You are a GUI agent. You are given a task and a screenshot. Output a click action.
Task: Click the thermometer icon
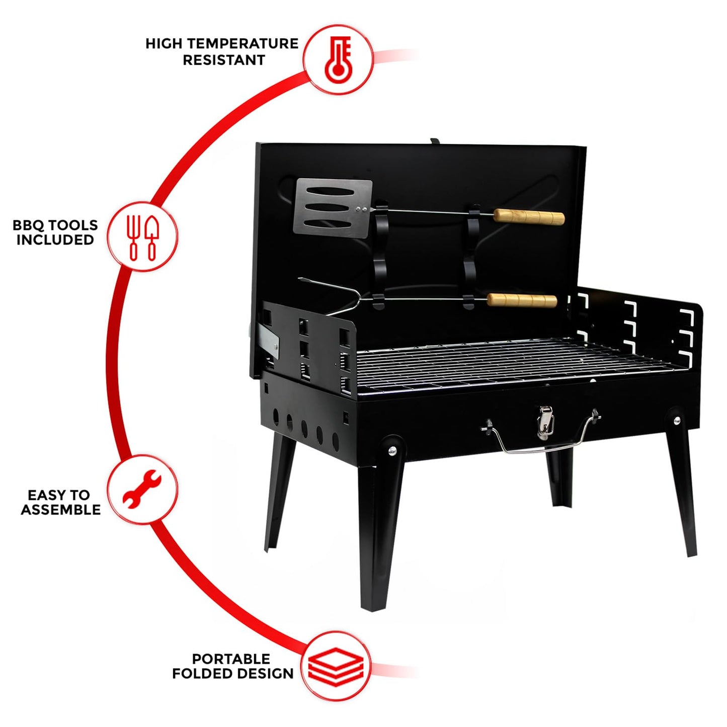click(338, 59)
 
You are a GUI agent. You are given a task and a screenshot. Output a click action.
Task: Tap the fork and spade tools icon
click(143, 237)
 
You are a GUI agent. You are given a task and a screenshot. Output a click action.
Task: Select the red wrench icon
click(142, 489)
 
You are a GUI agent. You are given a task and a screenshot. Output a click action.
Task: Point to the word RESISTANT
click(223, 60)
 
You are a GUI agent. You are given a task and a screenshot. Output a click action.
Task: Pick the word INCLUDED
click(55, 240)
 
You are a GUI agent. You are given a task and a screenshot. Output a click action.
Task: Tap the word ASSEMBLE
click(60, 510)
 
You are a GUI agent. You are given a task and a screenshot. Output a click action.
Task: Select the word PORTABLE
click(231, 659)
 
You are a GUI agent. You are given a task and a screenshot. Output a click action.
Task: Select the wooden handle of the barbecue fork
click(522, 300)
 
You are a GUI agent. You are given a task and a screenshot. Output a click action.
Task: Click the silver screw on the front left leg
click(391, 451)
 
